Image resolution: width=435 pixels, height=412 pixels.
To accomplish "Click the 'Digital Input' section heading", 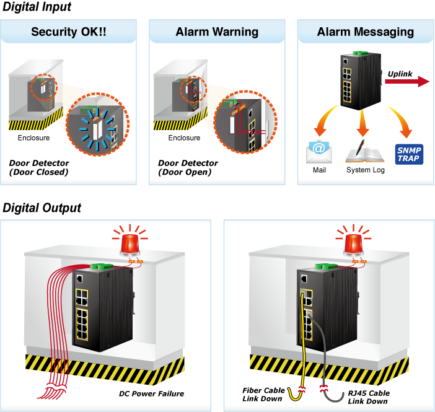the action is click(37, 7).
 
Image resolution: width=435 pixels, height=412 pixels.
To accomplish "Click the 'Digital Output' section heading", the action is click(42, 208).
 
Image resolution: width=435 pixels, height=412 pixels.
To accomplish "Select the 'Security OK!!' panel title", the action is click(69, 32).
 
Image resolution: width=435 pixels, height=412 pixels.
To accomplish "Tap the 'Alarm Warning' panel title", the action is click(217, 32).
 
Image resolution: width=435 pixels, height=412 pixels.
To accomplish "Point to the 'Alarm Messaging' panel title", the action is click(366, 32).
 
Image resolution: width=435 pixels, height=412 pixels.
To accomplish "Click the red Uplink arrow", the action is click(407, 81).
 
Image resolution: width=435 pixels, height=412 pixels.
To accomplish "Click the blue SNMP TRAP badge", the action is click(409, 154).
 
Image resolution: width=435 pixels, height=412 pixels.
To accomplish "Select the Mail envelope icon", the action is click(319, 151).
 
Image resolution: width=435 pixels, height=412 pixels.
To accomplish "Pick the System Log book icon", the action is click(365, 152).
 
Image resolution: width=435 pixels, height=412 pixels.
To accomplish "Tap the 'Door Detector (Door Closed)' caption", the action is click(39, 167).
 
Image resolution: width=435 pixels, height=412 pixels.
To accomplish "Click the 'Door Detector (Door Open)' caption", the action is click(188, 167).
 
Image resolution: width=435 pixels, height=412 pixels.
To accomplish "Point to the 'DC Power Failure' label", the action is click(151, 393).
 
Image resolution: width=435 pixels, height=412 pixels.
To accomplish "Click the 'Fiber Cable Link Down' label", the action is click(263, 395).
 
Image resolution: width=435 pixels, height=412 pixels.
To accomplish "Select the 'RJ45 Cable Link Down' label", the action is click(369, 397).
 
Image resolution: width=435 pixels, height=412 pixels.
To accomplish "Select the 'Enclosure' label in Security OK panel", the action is click(33, 138).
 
